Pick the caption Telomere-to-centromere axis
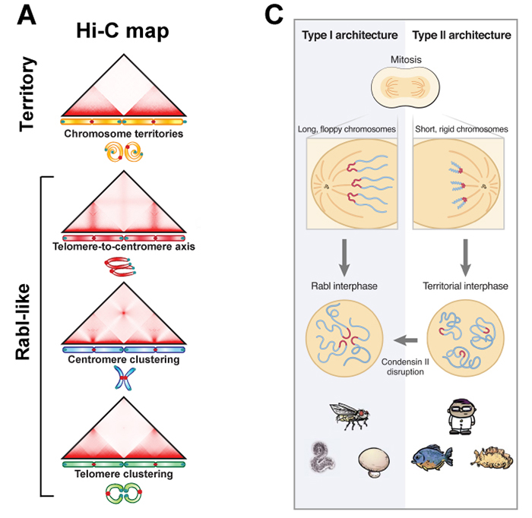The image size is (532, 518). coord(122,247)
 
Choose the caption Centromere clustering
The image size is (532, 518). coord(122,359)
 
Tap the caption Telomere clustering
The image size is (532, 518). coord(122,474)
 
